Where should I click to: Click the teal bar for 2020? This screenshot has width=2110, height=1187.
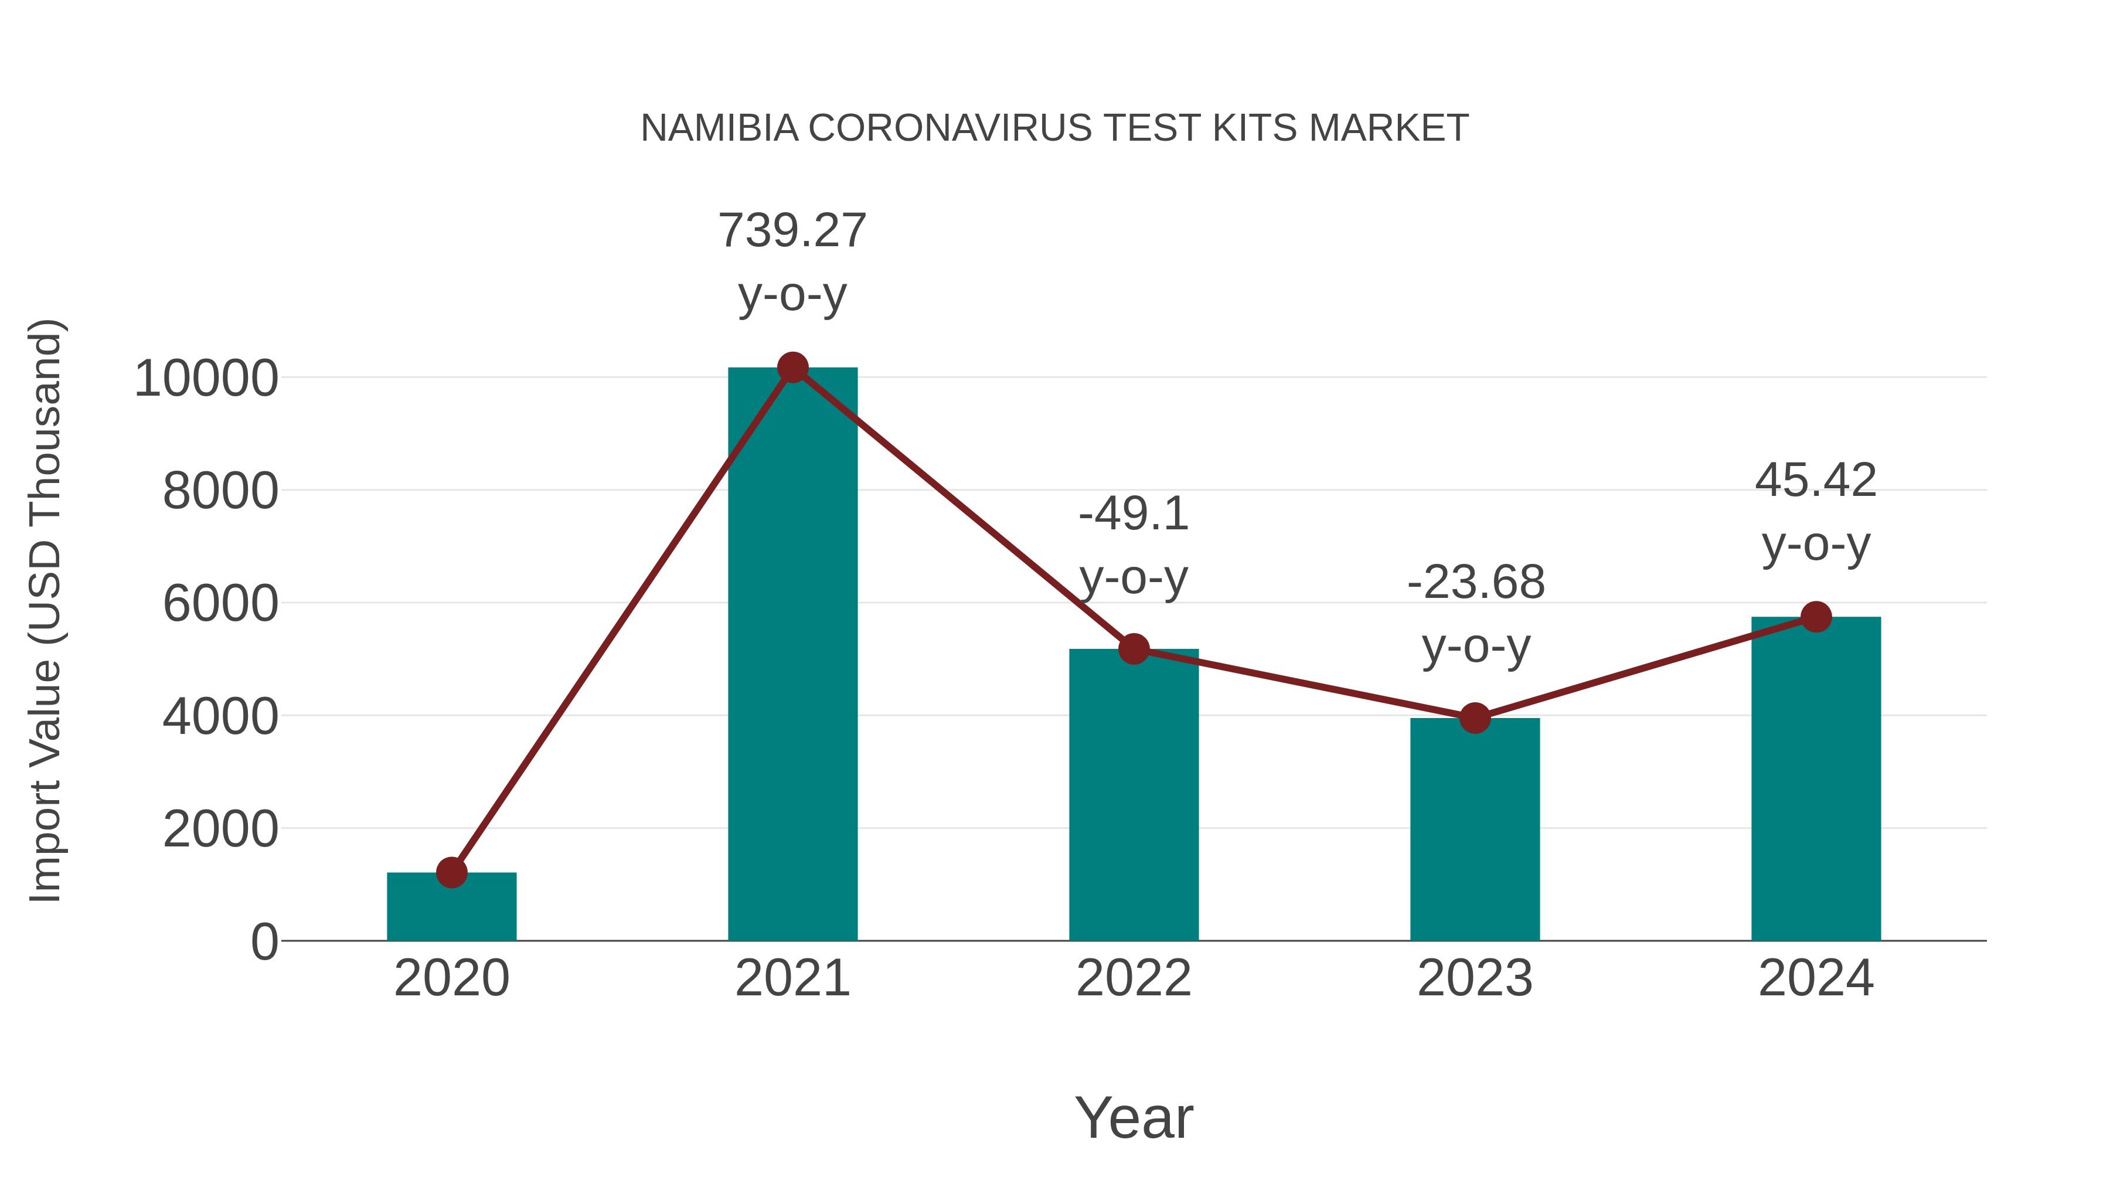coord(451,909)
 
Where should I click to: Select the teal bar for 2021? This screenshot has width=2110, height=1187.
coord(792,655)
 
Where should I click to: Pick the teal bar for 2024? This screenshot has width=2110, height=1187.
coord(1816,778)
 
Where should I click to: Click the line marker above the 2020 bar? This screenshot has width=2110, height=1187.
coord(451,872)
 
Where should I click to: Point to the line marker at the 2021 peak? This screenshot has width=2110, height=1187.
coord(792,368)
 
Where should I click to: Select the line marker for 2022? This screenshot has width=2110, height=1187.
coord(1134,649)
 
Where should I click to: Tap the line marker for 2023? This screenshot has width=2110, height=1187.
coord(1475,719)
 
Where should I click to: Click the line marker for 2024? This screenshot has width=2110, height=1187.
coord(1816,617)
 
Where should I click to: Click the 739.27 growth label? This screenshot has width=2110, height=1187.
coord(792,231)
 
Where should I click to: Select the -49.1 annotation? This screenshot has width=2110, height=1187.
coord(1134,515)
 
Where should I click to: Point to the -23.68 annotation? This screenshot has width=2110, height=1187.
coord(1475,583)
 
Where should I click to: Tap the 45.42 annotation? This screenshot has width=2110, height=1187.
coord(1815,481)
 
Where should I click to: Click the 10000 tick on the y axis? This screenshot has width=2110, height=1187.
coord(206,379)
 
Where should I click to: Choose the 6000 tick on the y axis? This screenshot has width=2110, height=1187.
coord(220,604)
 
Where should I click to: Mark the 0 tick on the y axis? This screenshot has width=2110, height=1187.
coord(264,942)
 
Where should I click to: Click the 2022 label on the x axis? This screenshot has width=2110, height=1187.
coord(1134,979)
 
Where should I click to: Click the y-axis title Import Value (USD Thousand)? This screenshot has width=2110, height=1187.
coord(46,610)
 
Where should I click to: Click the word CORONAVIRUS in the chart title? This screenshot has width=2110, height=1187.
coord(950,128)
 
